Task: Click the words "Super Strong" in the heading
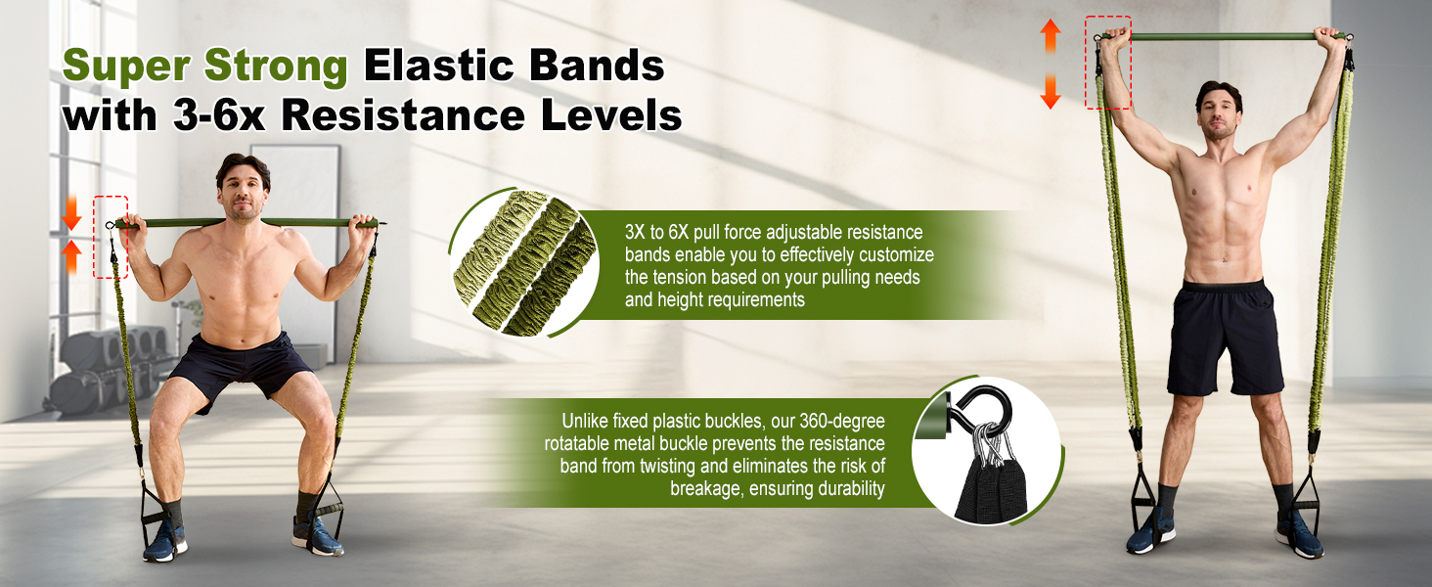205,67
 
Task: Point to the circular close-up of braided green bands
524,262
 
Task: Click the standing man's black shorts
1224,338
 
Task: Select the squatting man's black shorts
239,367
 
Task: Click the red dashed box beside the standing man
1107,63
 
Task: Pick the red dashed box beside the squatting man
110,237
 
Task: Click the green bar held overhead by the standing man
1223,36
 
